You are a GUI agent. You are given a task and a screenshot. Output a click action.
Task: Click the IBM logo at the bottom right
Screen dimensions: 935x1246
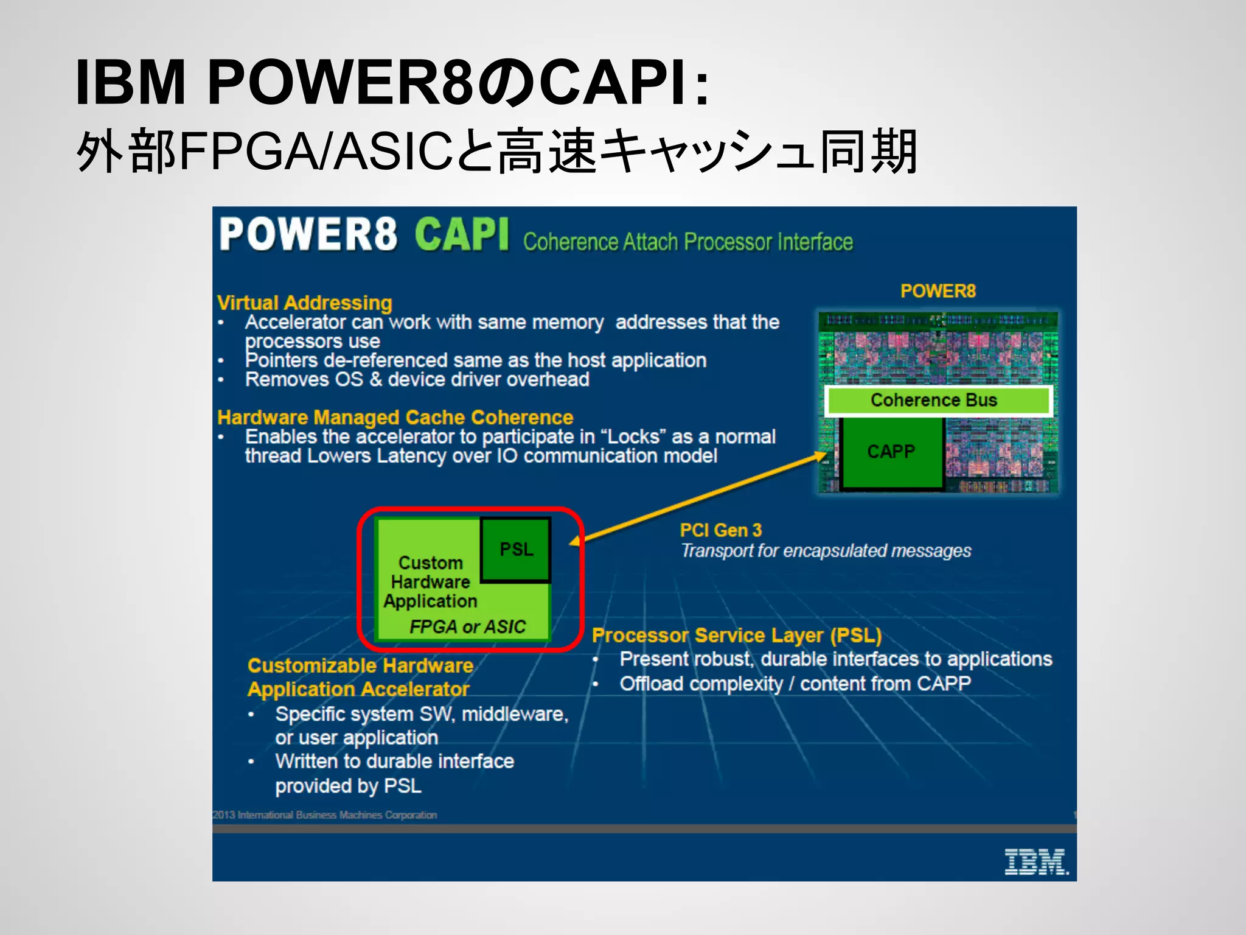(1035, 862)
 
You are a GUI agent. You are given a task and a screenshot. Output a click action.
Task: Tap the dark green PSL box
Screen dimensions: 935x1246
(516, 550)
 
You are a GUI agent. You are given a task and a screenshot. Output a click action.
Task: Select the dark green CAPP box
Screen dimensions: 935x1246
(891, 452)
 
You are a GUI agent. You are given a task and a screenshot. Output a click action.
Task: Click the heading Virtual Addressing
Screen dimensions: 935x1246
(305, 303)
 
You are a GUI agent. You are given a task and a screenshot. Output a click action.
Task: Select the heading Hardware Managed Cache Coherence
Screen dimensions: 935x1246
(395, 418)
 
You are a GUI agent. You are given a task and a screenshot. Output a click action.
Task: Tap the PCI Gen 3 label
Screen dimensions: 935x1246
(721, 530)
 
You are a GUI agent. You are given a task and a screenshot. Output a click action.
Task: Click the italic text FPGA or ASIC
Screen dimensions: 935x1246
(467, 626)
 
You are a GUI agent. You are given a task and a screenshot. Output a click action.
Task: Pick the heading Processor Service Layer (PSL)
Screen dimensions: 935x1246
(737, 636)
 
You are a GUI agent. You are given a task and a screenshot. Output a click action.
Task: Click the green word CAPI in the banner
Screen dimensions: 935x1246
(462, 235)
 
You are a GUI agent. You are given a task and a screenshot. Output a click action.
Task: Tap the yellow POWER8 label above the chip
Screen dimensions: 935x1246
(938, 291)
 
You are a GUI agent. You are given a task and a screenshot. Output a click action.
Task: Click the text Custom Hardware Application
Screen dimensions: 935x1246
(430, 582)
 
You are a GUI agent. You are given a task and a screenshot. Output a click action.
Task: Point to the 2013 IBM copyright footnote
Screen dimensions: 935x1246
(325, 814)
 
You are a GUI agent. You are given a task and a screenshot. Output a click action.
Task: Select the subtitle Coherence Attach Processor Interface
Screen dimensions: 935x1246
(687, 242)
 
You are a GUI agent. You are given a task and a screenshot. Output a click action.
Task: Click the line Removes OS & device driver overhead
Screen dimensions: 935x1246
(417, 380)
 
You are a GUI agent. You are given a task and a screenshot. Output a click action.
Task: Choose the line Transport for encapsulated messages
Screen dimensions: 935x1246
(826, 551)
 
